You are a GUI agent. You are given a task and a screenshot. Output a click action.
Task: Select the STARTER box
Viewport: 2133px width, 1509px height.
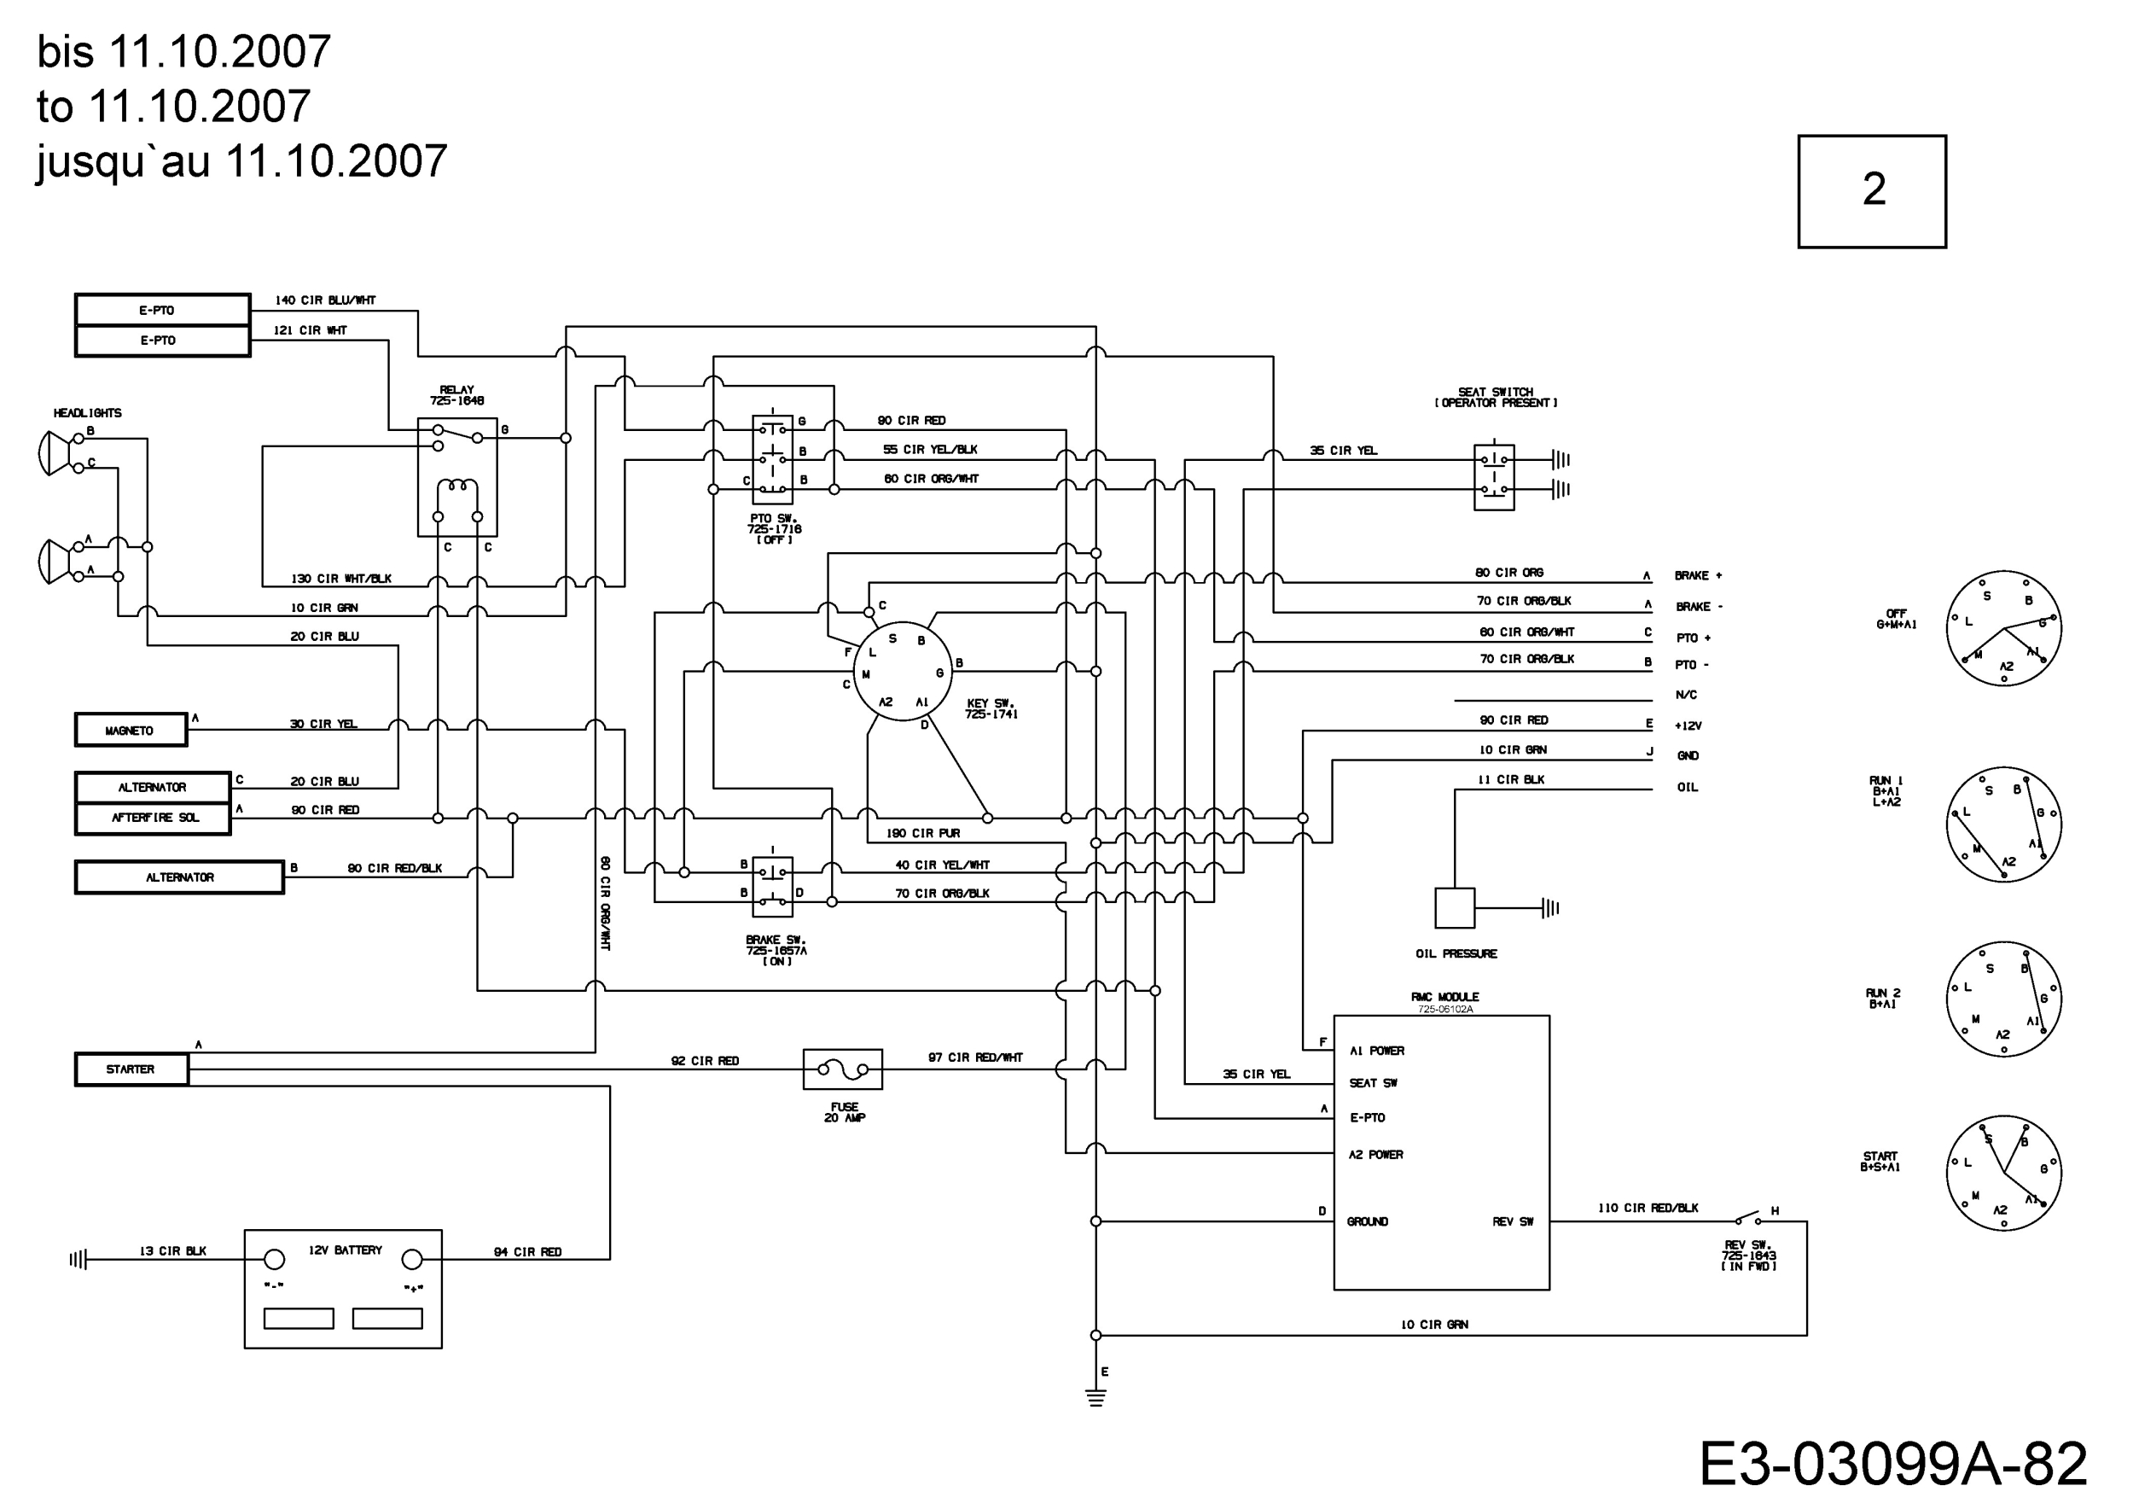(131, 1069)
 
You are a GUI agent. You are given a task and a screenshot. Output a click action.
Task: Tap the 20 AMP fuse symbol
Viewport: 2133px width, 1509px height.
(843, 1069)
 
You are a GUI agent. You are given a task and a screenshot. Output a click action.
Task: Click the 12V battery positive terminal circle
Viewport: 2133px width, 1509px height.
(411, 1260)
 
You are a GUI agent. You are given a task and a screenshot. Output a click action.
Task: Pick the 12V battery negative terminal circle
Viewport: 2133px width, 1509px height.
(274, 1260)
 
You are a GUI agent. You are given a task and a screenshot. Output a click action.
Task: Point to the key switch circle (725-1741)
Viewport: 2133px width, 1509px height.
(902, 672)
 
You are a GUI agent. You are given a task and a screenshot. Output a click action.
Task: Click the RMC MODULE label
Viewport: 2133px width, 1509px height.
(1444, 997)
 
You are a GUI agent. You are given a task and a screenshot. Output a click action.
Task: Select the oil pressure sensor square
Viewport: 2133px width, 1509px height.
(1455, 908)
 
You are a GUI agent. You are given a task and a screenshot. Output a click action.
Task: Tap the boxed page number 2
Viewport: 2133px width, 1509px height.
(1872, 191)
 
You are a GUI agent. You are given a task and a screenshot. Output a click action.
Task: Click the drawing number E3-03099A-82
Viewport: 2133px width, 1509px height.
(1892, 1465)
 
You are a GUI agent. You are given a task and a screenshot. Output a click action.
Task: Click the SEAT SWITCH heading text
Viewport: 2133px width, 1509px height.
(1496, 392)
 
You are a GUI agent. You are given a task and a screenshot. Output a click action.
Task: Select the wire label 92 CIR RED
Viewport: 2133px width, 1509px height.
(705, 1061)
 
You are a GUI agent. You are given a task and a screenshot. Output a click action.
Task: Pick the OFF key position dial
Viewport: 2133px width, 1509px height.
(2004, 628)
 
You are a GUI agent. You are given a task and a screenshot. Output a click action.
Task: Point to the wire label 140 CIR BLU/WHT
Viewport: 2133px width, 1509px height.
(325, 300)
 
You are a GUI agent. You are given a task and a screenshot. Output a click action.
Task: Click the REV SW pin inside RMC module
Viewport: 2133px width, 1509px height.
(1513, 1222)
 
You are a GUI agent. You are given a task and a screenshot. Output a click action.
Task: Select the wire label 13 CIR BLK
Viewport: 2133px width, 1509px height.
(173, 1250)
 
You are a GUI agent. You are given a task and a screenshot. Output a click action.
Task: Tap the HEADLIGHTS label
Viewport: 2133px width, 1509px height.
(87, 412)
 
